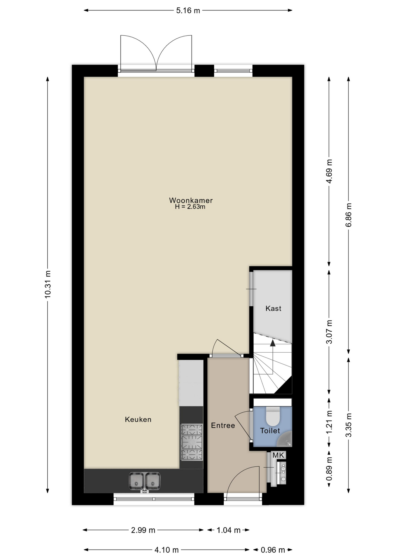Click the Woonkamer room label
pos(191,200)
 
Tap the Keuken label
pos(138,419)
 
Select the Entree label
pos(223,426)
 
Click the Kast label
pos(274,308)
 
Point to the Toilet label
pos(270,430)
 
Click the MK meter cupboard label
pos(278,455)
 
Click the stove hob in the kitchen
pos(192,442)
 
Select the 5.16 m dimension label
pos(188,10)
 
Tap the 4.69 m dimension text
pos(329,171)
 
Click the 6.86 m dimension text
pos(349,215)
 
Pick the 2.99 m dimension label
pos(143,530)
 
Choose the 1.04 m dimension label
pos(229,530)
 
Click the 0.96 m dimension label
pos(273,550)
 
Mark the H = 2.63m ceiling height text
pos(190,207)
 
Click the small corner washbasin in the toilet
pos(285,440)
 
